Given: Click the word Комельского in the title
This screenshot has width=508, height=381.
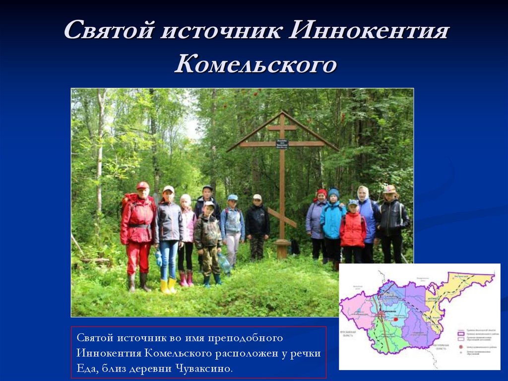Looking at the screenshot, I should coord(255,65).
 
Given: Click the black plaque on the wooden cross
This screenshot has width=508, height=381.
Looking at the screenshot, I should coord(282,144).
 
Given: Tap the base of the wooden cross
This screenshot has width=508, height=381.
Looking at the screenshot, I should coord(282,250).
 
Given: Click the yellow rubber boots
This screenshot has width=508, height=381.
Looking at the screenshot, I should coord(168,286).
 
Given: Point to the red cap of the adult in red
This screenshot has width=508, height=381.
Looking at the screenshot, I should coord(143,185).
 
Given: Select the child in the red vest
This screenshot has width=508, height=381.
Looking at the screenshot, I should coord(353,230).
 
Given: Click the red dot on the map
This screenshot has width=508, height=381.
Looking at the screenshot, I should coord(395,320).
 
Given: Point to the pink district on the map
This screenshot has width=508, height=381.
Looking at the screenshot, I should coord(355,310).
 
